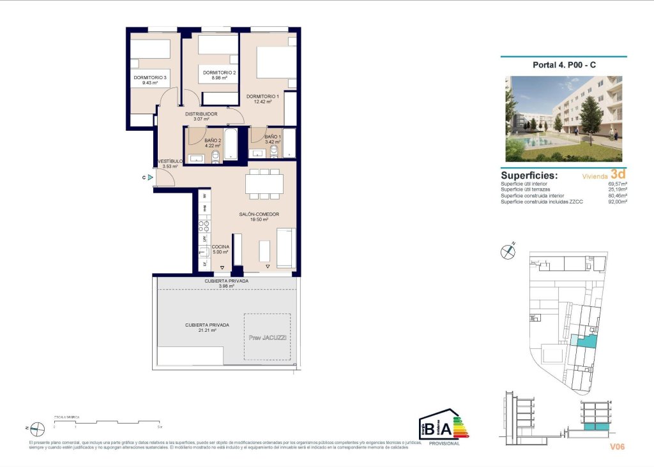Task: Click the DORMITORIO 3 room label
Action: click(x=150, y=78)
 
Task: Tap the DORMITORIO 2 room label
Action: click(x=220, y=73)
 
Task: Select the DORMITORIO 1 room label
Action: click(x=263, y=96)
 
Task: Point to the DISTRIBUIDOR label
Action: click(x=201, y=114)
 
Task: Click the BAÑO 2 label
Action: click(x=213, y=140)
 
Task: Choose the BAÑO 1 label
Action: click(x=272, y=137)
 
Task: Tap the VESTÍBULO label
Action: click(x=170, y=161)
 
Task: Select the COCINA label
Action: click(x=220, y=247)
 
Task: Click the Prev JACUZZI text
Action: click(x=267, y=337)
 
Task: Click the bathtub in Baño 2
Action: click(x=231, y=145)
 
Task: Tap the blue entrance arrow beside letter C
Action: click(x=150, y=178)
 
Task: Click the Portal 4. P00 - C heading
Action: click(x=564, y=64)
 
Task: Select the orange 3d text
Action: click(x=618, y=174)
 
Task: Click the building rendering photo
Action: click(x=563, y=119)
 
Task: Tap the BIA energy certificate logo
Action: click(x=443, y=427)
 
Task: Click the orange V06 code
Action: click(x=616, y=447)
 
